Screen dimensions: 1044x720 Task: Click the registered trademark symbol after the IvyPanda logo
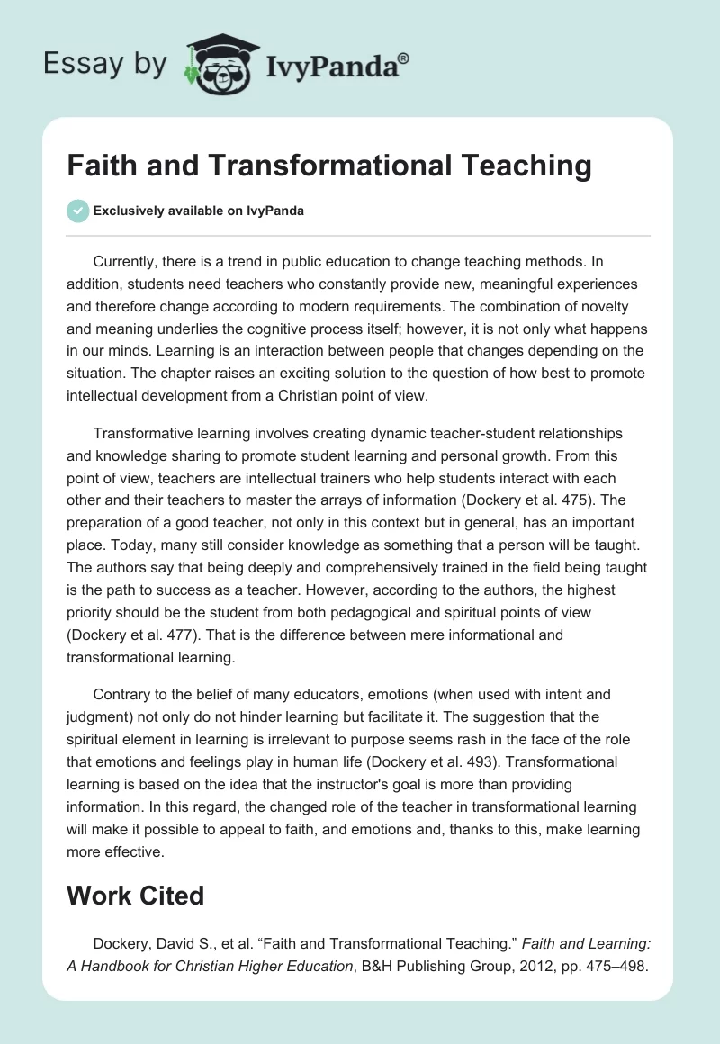tap(404, 58)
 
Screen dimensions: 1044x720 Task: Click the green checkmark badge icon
tap(77, 211)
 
